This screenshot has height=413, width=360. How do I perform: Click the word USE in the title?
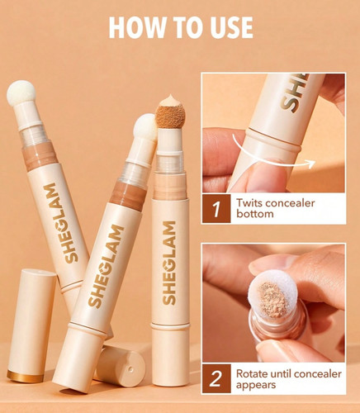pos(230,27)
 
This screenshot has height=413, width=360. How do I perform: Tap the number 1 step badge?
pos(216,209)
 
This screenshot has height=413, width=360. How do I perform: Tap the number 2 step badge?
pos(216,379)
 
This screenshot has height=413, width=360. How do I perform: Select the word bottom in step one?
pos(254,214)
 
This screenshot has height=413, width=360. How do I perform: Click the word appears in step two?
pos(256,385)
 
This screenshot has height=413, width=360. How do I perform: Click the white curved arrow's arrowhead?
pos(311,164)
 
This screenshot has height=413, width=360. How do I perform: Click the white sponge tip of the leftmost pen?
pos(21,93)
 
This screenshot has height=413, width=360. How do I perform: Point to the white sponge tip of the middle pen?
pos(145,126)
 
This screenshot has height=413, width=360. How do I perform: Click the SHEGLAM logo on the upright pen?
pos(169,263)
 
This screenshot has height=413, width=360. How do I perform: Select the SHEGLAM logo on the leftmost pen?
pos(61,223)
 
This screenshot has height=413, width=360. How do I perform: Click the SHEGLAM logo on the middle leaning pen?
pos(107,266)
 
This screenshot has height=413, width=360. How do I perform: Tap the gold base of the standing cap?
pos(25,377)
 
